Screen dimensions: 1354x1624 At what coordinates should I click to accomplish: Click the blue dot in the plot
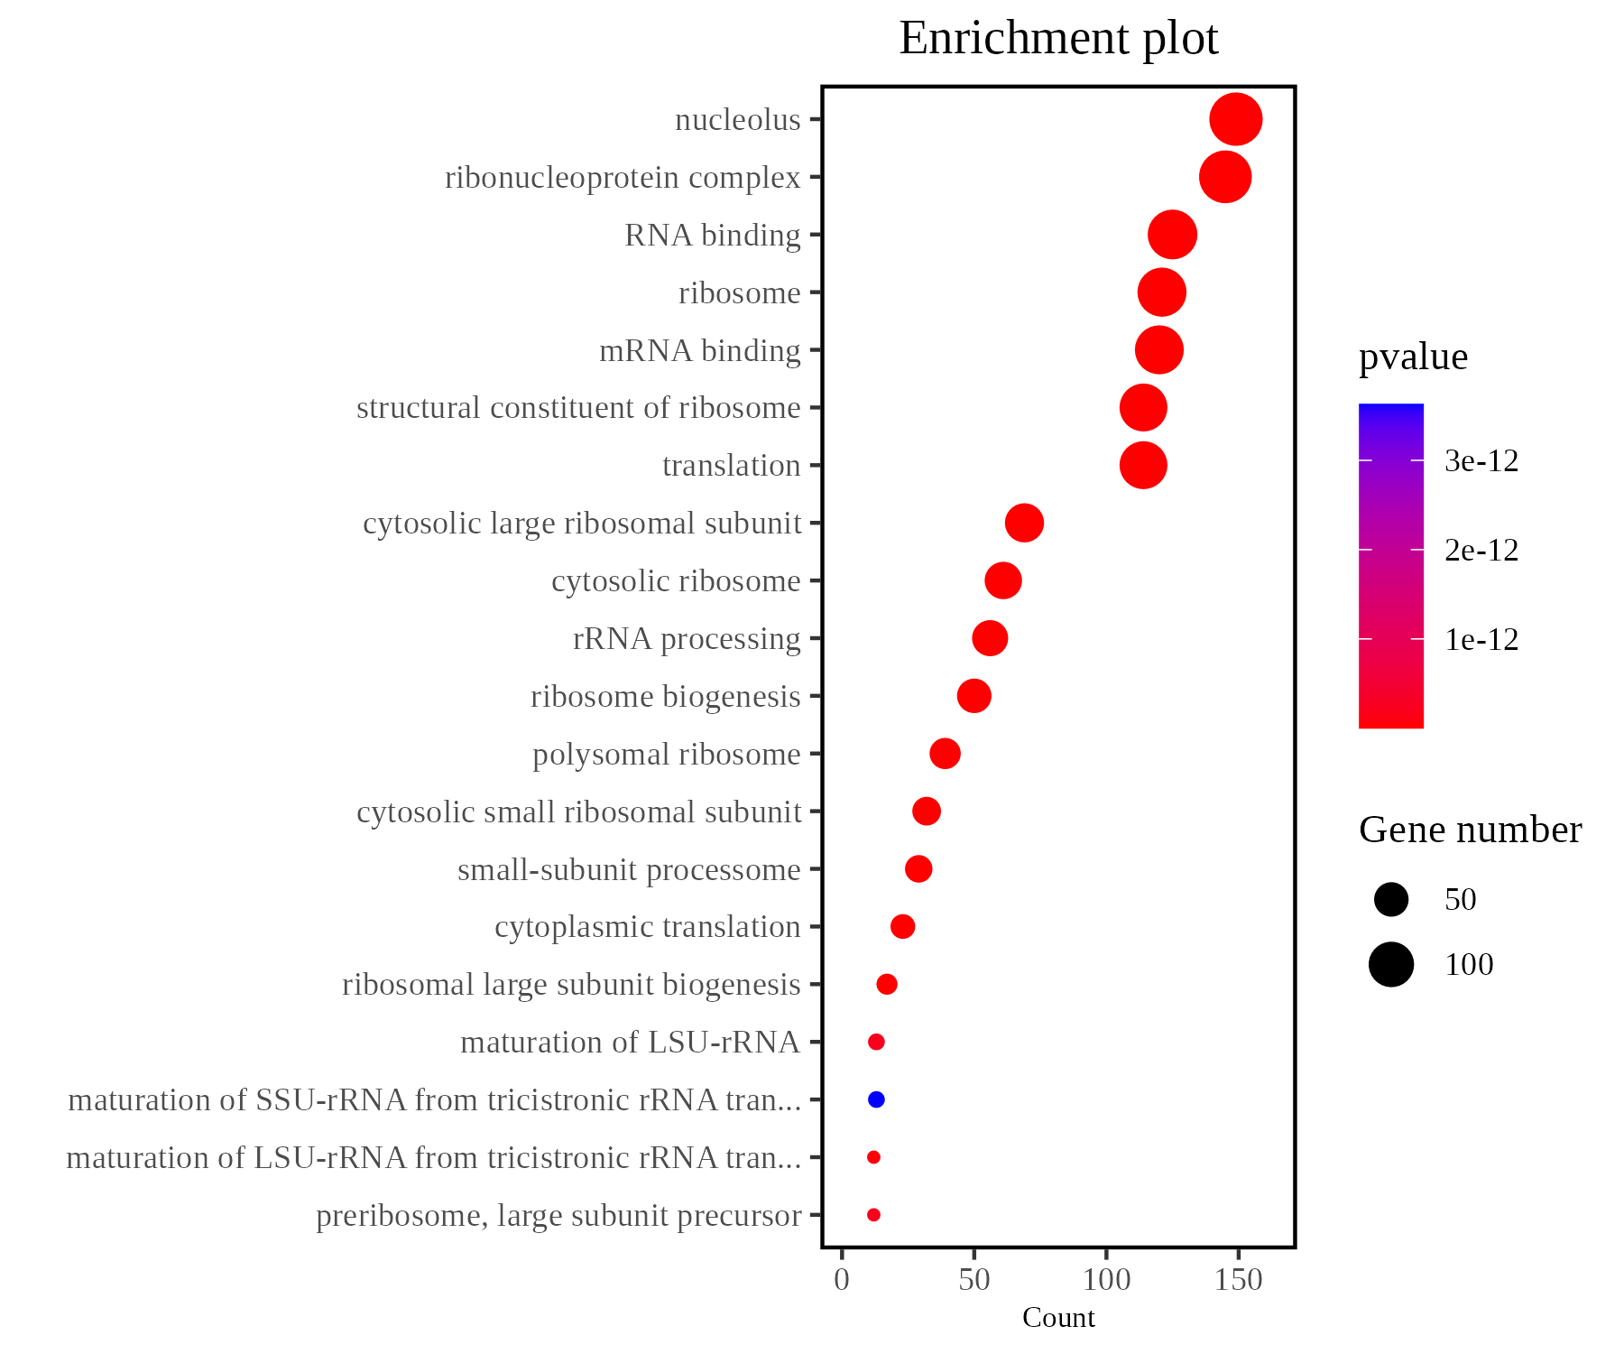pyautogui.click(x=875, y=1099)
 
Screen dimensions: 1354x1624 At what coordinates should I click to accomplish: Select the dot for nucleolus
pyautogui.click(x=1235, y=119)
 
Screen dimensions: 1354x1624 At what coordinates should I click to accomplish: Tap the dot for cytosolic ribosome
pyautogui.click(x=1002, y=580)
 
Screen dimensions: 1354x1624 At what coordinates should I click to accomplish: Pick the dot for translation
pyautogui.click(x=1143, y=466)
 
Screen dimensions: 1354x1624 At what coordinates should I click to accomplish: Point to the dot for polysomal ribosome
pyautogui.click(x=945, y=754)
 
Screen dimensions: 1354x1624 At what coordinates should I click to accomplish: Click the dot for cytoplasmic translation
pyautogui.click(x=902, y=926)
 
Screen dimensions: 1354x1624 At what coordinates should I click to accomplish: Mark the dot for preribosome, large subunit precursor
pyautogui.click(x=873, y=1215)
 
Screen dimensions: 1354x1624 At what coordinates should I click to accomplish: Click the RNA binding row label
pyautogui.click(x=712, y=236)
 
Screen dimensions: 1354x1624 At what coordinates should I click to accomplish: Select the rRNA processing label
pyautogui.click(x=687, y=639)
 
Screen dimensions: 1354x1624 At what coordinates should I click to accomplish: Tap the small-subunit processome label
pyautogui.click(x=629, y=870)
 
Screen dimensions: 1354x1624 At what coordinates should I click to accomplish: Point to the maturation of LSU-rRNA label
pyautogui.click(x=630, y=1043)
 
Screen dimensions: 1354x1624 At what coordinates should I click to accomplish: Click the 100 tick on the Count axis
pyautogui.click(x=1106, y=1279)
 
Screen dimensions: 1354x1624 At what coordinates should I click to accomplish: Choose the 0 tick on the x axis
pyautogui.click(x=842, y=1279)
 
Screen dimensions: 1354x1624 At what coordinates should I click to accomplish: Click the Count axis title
pyautogui.click(x=1058, y=1318)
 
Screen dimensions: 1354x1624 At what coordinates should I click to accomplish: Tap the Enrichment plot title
pyautogui.click(x=1058, y=39)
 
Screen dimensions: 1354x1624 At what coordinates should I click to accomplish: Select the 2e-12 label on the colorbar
pyautogui.click(x=1481, y=551)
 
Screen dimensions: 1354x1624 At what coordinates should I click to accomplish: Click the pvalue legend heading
pyautogui.click(x=1413, y=357)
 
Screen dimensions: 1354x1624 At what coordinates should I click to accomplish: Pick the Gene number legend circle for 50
pyautogui.click(x=1391, y=899)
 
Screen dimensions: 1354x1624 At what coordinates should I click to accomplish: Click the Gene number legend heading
pyautogui.click(x=1470, y=830)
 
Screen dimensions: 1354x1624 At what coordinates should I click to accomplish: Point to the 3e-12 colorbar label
pyautogui.click(x=1481, y=461)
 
